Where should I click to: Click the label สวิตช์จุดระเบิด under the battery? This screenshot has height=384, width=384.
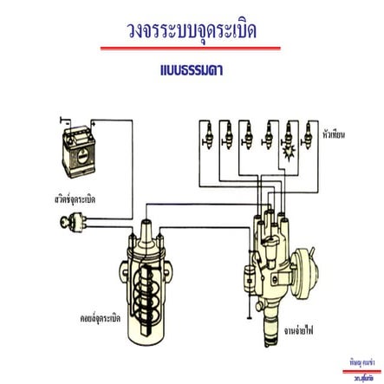[x=73, y=199]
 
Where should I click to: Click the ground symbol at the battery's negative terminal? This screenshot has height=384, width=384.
[x=63, y=114]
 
